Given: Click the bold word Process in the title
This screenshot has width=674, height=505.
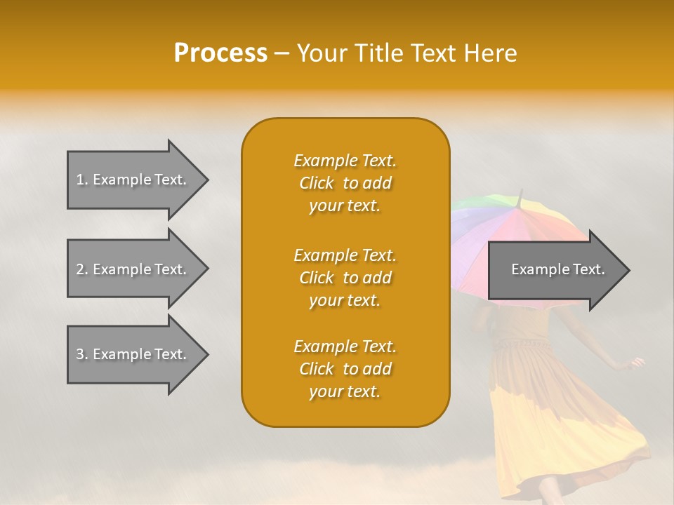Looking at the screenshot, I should click(x=220, y=53).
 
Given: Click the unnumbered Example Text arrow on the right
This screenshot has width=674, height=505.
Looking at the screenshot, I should click(x=555, y=269).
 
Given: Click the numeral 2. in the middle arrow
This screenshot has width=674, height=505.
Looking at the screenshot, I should click(x=82, y=269).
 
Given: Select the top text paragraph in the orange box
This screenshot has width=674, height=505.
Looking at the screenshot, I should click(x=345, y=183).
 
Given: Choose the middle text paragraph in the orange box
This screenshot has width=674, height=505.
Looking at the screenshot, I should click(x=345, y=278).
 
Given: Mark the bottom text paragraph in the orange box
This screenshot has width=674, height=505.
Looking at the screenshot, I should click(x=345, y=369).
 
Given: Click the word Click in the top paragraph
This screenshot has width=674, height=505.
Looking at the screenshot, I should click(x=317, y=184).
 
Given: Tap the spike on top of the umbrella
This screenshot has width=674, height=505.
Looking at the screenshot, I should click(x=520, y=194).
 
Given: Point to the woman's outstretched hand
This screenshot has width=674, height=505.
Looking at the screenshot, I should click(x=637, y=363).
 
